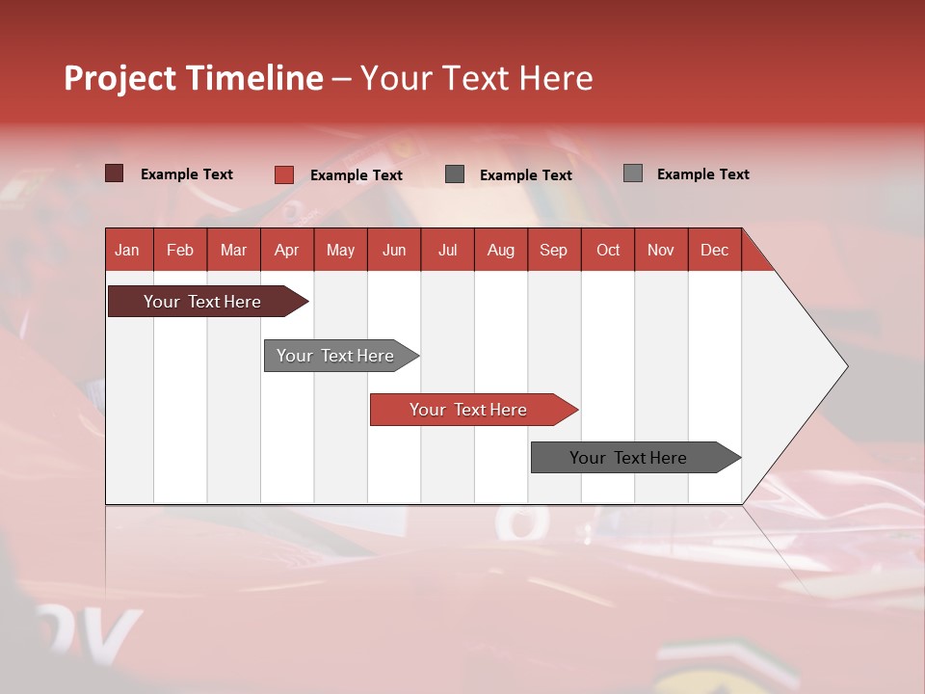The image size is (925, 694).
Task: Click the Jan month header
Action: pyautogui.click(x=127, y=250)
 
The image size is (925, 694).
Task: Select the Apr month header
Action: pyautogui.click(x=286, y=250)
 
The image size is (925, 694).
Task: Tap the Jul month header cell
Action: pyautogui.click(x=447, y=250)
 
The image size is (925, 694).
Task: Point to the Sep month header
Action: pyautogui.click(x=553, y=250)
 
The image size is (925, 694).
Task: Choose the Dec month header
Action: pyautogui.click(x=714, y=250)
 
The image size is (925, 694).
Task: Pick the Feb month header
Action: pyautogui.click(x=180, y=250)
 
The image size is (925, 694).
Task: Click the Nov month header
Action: pyautogui.click(x=660, y=250)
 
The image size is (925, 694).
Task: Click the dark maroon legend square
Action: pyautogui.click(x=114, y=173)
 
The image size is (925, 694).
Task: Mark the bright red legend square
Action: pyautogui.click(x=283, y=174)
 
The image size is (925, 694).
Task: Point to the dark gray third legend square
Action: pyautogui.click(x=455, y=174)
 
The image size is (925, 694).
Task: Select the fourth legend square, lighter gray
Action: pyautogui.click(x=633, y=173)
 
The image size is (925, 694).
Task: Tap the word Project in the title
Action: pyautogui.click(x=121, y=78)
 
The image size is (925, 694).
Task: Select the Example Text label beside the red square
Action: pyautogui.click(x=356, y=175)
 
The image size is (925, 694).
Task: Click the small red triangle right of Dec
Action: pyautogui.click(x=754, y=257)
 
